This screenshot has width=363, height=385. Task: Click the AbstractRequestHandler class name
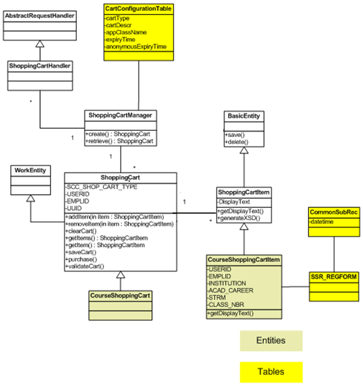coord(39,15)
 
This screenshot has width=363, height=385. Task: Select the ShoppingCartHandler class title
coord(39,65)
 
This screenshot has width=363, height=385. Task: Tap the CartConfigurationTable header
coord(139,9)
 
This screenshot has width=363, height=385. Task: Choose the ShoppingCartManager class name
coord(120,115)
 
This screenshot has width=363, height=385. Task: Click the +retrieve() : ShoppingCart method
coord(120,141)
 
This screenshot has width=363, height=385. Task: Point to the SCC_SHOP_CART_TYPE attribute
coord(102,186)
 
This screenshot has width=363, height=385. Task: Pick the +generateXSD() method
coord(240,218)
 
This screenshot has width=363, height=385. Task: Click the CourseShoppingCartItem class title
coord(244,260)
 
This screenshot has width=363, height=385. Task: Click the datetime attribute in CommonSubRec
coord(323,221)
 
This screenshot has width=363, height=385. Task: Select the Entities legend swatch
coord(270,340)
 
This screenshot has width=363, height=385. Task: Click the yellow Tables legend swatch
coord(270,371)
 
